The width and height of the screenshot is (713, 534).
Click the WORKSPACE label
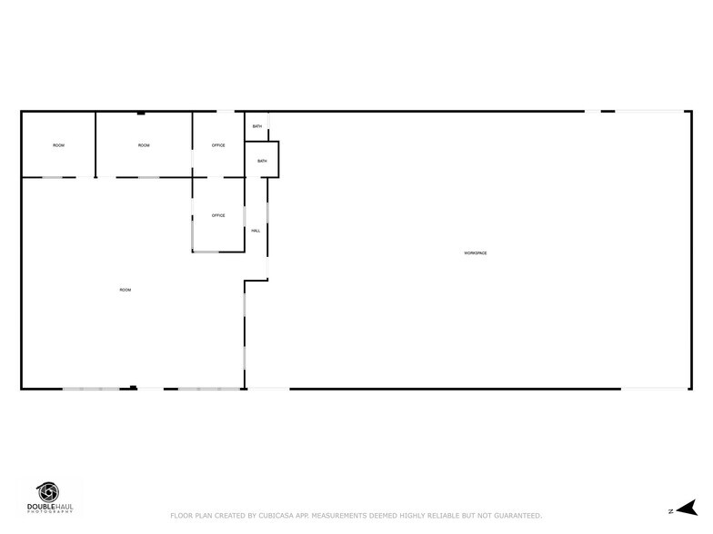pyautogui.click(x=476, y=252)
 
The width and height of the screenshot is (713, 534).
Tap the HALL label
pyautogui.click(x=256, y=231)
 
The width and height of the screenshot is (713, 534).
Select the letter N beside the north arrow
pyautogui.click(x=670, y=511)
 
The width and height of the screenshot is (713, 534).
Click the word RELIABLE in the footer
pyautogui.click(x=438, y=515)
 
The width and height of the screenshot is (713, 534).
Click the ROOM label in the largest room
pyautogui.click(x=126, y=290)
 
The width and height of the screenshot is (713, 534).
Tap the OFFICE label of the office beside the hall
pyautogui.click(x=218, y=215)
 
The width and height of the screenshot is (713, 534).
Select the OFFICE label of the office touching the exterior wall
pyautogui.click(x=218, y=145)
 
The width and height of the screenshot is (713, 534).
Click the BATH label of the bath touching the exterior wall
pyautogui.click(x=257, y=126)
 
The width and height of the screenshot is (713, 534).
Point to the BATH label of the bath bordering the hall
pyautogui.click(x=262, y=161)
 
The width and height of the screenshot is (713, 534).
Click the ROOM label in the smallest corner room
pyautogui.click(x=58, y=145)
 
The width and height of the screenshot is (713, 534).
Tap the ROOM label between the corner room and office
pyautogui.click(x=144, y=145)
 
